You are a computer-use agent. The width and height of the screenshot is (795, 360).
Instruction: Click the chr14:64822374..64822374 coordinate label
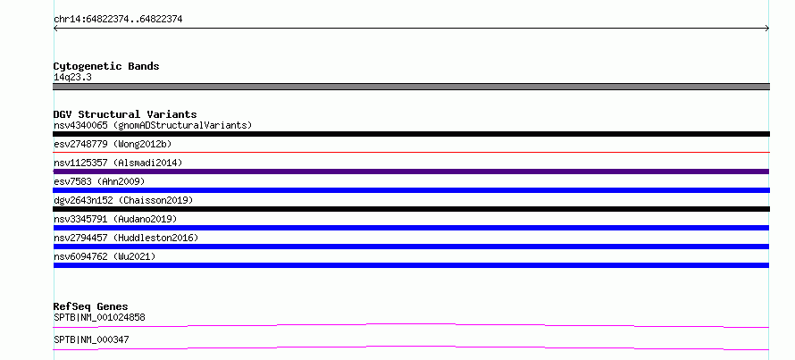tap(118, 20)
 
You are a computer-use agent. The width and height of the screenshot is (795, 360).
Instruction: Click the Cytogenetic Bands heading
tap(106, 66)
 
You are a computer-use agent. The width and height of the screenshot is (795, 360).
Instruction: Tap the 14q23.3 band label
tap(72, 78)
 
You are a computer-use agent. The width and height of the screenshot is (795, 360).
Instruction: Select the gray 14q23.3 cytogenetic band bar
tap(411, 87)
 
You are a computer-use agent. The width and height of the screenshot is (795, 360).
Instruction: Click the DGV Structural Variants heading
tap(125, 114)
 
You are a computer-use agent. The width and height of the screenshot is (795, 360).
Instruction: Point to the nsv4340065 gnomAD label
tap(153, 125)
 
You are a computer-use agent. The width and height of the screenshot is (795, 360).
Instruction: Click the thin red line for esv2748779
tap(411, 152)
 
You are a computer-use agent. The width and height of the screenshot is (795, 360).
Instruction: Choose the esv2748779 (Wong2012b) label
tap(113, 144)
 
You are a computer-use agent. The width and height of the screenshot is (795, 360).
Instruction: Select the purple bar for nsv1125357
tap(411, 172)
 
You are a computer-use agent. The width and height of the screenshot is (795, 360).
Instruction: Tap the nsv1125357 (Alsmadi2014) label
tap(118, 163)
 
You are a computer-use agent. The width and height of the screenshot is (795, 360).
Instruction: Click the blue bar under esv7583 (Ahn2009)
tap(411, 190)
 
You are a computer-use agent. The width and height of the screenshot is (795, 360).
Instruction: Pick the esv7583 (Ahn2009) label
tap(99, 181)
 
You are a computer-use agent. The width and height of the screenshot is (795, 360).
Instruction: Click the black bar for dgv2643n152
tap(411, 209)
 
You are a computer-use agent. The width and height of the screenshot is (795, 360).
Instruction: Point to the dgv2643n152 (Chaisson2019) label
tap(123, 200)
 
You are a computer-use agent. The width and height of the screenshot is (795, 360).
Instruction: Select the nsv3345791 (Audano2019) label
tap(115, 219)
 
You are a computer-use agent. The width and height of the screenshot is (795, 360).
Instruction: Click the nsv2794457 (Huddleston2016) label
tap(126, 238)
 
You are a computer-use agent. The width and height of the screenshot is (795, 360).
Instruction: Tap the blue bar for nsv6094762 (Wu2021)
tap(411, 265)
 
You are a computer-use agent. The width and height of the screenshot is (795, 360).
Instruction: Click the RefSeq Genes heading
tap(91, 306)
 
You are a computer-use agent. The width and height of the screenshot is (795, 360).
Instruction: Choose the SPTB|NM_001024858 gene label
tap(99, 318)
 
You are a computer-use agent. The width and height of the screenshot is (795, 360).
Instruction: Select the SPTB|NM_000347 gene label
tap(91, 339)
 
